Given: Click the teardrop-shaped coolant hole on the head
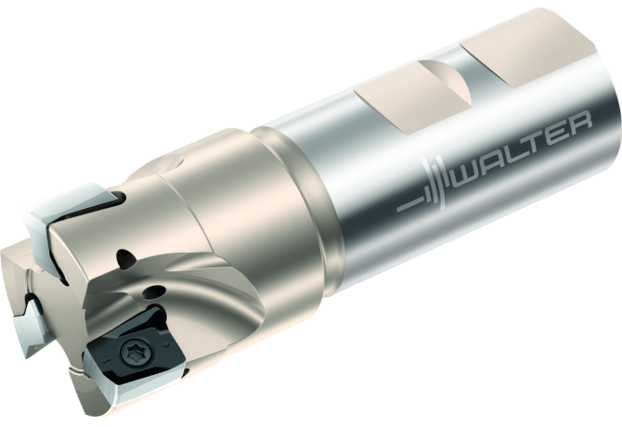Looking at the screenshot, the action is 126,258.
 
